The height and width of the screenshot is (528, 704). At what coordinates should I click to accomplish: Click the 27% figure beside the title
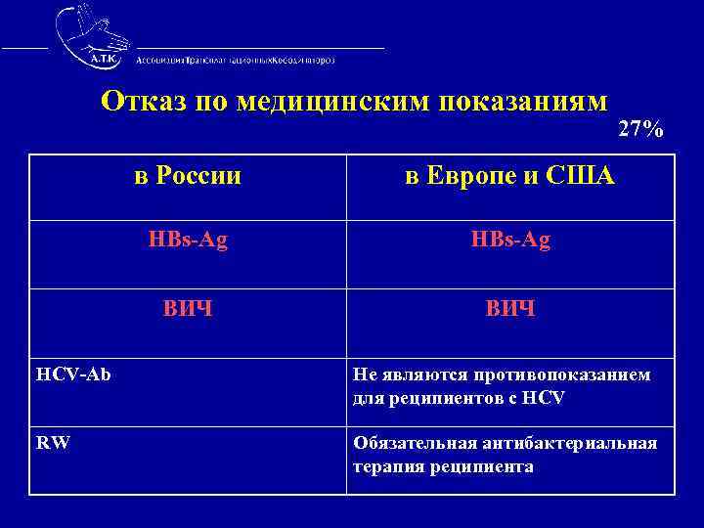tap(641, 129)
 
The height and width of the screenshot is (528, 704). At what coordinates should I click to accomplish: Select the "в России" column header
tap(188, 177)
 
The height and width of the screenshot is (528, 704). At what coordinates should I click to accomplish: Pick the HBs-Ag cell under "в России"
tap(188, 241)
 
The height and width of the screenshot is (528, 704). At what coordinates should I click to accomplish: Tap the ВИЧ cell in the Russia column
tap(188, 309)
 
